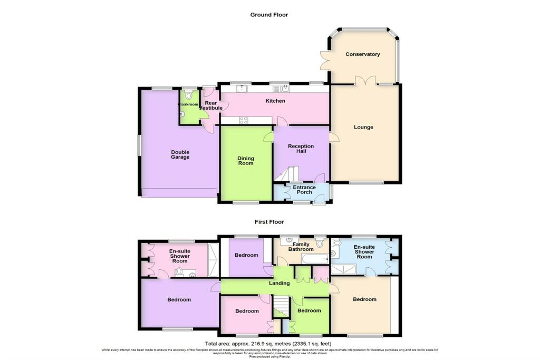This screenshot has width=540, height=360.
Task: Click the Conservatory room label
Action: click(x=363, y=54)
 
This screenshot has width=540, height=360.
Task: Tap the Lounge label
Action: click(x=363, y=127)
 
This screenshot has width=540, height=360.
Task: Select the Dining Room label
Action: click(x=246, y=160)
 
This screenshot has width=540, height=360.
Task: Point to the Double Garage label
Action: click(x=180, y=154)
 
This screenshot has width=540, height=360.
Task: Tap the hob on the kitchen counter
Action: click(x=244, y=121)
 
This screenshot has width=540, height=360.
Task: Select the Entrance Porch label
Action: click(x=304, y=190)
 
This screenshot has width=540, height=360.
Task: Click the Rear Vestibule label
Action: click(x=210, y=105)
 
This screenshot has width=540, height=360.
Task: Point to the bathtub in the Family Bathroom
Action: click(x=313, y=259)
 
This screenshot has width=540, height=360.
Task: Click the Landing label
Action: click(x=279, y=283)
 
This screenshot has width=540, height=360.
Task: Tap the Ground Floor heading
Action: click(x=269, y=15)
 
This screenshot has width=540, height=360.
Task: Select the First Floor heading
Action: click(x=269, y=222)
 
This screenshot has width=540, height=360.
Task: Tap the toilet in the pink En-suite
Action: click(x=179, y=272)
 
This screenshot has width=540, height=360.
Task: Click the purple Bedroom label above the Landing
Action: click(x=246, y=255)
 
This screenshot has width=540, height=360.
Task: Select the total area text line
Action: click(x=269, y=344)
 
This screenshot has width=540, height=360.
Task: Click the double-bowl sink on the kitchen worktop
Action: click(x=278, y=89)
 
